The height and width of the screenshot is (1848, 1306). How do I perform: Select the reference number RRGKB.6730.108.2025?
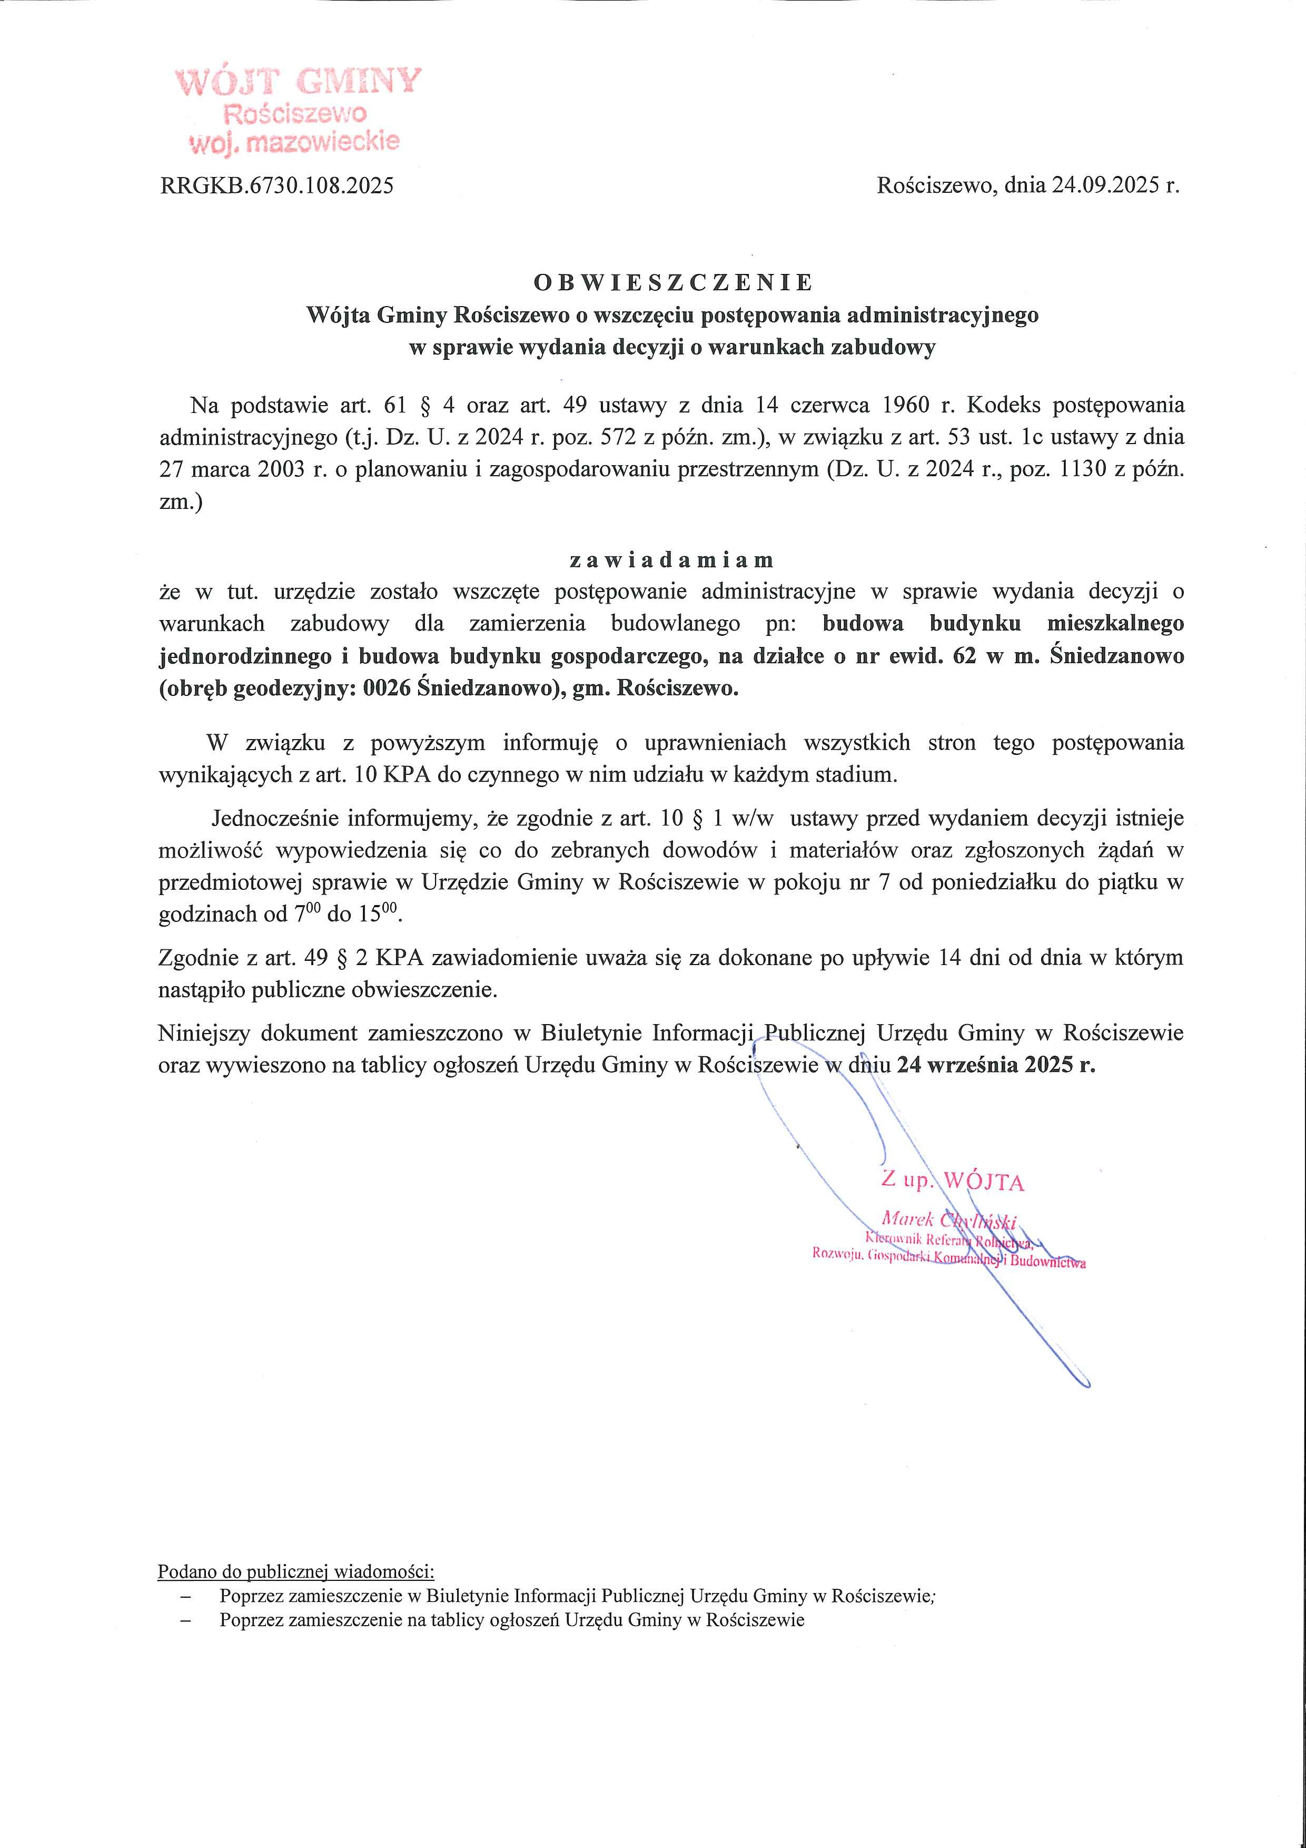[x=277, y=186]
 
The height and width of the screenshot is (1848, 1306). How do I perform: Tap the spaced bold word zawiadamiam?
[x=672, y=559]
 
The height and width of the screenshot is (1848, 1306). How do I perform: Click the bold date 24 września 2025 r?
[x=996, y=1065]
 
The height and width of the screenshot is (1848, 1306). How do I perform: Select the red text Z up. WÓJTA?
[x=953, y=1181]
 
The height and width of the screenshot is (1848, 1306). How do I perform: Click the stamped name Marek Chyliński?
[x=949, y=1220]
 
